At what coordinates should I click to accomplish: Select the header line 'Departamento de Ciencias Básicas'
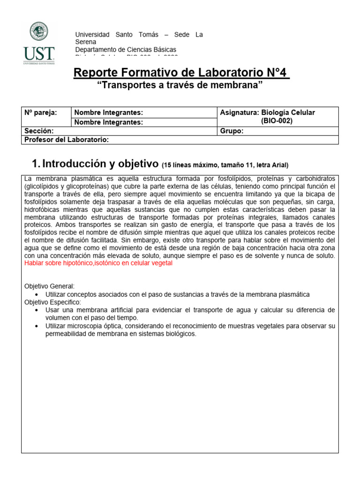126,50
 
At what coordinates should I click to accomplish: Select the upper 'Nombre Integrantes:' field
108,112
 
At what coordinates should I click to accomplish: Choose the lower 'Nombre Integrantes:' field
108,122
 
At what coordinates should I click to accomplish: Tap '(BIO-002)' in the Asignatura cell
277,121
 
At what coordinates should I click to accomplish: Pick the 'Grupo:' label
232,131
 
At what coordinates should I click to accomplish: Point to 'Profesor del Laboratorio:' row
66,140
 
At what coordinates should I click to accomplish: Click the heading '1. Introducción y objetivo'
95,164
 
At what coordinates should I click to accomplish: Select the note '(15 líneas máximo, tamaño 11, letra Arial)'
225,165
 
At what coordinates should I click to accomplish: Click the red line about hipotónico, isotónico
98,263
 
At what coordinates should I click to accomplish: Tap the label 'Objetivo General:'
49,286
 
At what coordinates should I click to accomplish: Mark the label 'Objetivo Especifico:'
53,302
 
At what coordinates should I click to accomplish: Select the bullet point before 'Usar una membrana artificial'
37,310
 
